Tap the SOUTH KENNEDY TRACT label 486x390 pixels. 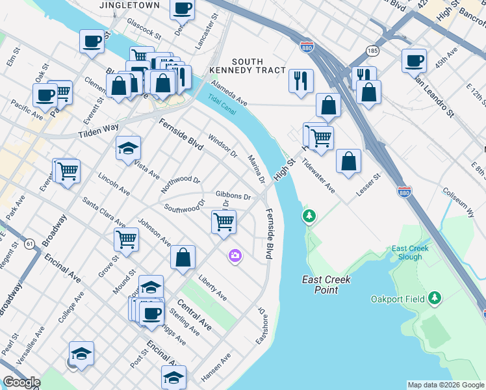click(x=248, y=65)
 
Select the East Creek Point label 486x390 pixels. click(x=326, y=285)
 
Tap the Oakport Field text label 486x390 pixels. click(x=397, y=299)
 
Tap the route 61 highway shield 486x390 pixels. click(x=30, y=244)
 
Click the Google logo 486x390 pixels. click(x=21, y=382)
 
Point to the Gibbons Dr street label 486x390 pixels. click(x=234, y=196)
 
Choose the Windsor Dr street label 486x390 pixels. click(x=223, y=146)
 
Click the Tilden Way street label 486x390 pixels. click(x=99, y=132)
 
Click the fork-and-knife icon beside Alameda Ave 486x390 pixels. click(x=301, y=81)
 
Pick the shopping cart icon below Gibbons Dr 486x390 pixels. click(x=224, y=222)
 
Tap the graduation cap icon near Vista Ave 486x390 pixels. click(x=128, y=148)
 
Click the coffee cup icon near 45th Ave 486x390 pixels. click(x=414, y=60)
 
